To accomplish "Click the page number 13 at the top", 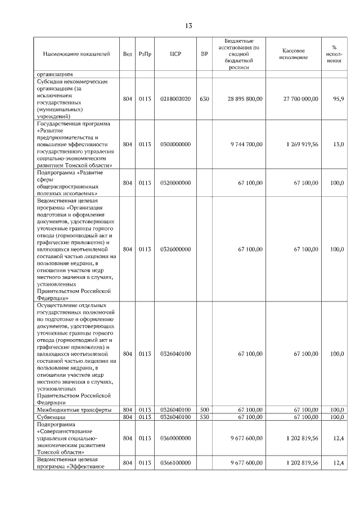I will click(x=188, y=26).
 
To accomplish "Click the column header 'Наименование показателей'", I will click(x=76, y=54).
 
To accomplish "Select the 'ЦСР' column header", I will click(x=175, y=54).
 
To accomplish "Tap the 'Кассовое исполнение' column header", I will click(x=295, y=54).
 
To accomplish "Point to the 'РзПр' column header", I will click(x=146, y=54).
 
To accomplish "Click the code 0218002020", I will click(x=175, y=98).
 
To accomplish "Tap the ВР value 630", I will click(x=204, y=98).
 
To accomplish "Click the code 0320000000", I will click(x=175, y=183).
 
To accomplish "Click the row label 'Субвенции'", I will click(x=51, y=417).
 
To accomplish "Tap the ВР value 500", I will click(x=204, y=410).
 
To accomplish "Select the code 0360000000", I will click(x=175, y=438).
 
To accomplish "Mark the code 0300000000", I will click(x=175, y=145).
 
